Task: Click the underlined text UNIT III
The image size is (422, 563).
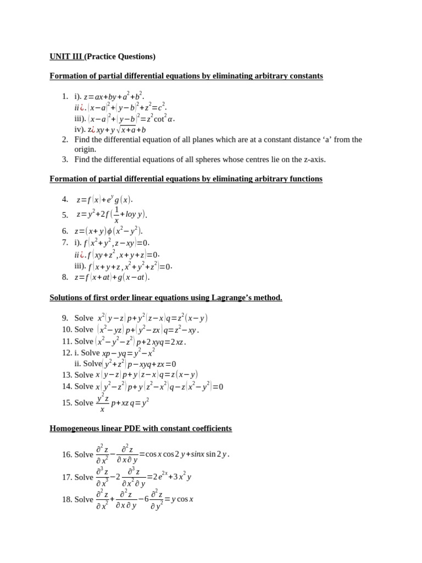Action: pos(65,57)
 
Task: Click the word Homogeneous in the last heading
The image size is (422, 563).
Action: pos(74,428)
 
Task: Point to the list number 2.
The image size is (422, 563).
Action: pos(65,140)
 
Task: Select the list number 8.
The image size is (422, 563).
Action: pos(65,277)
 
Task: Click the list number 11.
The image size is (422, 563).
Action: pos(67,341)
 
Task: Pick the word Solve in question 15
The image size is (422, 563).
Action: pos(84,402)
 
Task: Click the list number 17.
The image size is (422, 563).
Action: pos(67,477)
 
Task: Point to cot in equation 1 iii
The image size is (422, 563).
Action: pos(160,118)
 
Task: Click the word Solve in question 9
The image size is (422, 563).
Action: pos(84,318)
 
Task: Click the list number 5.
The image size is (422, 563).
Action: pos(65,215)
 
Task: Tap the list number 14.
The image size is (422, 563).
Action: pos(67,387)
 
